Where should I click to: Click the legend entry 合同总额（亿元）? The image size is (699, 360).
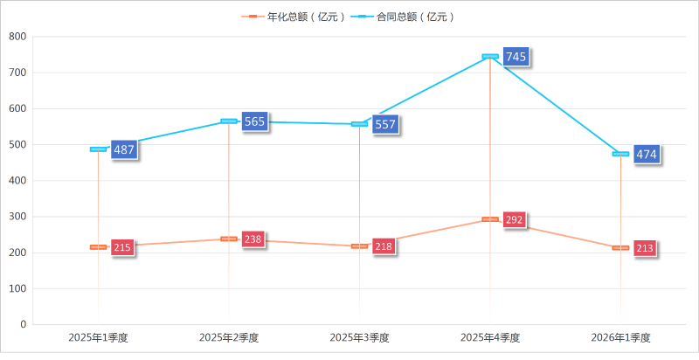[409, 17]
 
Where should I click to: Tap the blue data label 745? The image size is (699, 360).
[516, 57]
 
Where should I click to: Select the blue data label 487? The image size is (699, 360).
[124, 149]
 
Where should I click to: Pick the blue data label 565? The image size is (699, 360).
[254, 121]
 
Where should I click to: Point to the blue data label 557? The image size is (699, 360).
[385, 124]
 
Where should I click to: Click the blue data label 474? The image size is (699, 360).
[647, 155]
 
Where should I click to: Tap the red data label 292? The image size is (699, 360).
[514, 219]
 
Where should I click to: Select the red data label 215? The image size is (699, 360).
[122, 247]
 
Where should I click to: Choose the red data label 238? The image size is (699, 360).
[253, 239]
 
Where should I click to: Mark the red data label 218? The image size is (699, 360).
[384, 246]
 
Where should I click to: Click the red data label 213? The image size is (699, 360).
[645, 248]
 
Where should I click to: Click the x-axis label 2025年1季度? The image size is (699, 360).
[98, 337]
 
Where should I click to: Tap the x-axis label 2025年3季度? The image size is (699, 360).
[359, 337]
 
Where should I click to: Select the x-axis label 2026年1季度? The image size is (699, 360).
[620, 337]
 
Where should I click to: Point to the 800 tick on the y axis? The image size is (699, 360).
[17, 37]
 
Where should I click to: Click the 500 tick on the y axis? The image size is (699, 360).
[17, 145]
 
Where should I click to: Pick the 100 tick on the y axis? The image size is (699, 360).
[17, 288]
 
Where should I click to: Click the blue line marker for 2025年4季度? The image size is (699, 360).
[490, 56]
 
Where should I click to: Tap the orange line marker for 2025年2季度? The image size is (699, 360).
[229, 239]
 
